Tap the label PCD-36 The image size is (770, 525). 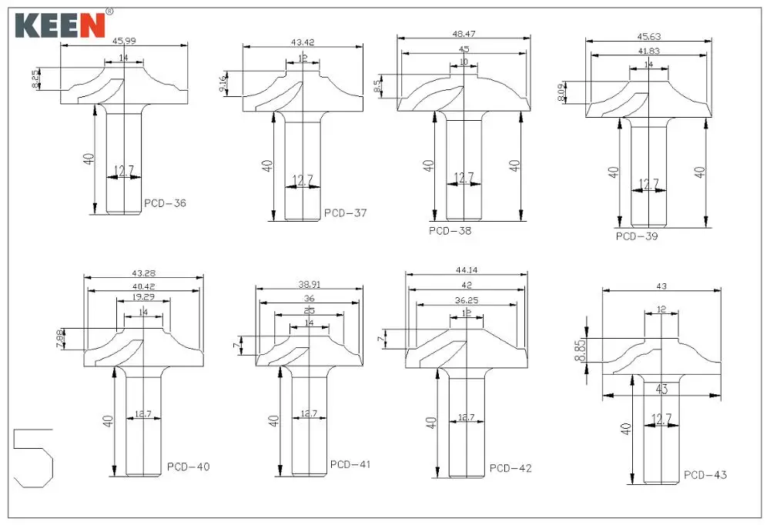[x=165, y=204]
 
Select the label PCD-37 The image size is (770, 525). [x=345, y=212]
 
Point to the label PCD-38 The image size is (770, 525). [x=450, y=230]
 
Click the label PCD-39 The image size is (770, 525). [x=637, y=236]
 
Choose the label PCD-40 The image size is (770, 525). [x=188, y=466]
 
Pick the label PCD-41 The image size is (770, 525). [x=350, y=464]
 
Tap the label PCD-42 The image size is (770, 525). [x=511, y=467]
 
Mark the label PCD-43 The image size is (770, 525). [x=705, y=475]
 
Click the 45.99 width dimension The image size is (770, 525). [x=124, y=42]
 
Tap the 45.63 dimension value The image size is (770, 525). [x=648, y=35]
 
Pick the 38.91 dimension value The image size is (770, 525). [x=308, y=283]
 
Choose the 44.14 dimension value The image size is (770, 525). [x=467, y=270]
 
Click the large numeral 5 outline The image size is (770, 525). [x=33, y=457]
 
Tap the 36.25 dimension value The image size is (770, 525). [x=467, y=300]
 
